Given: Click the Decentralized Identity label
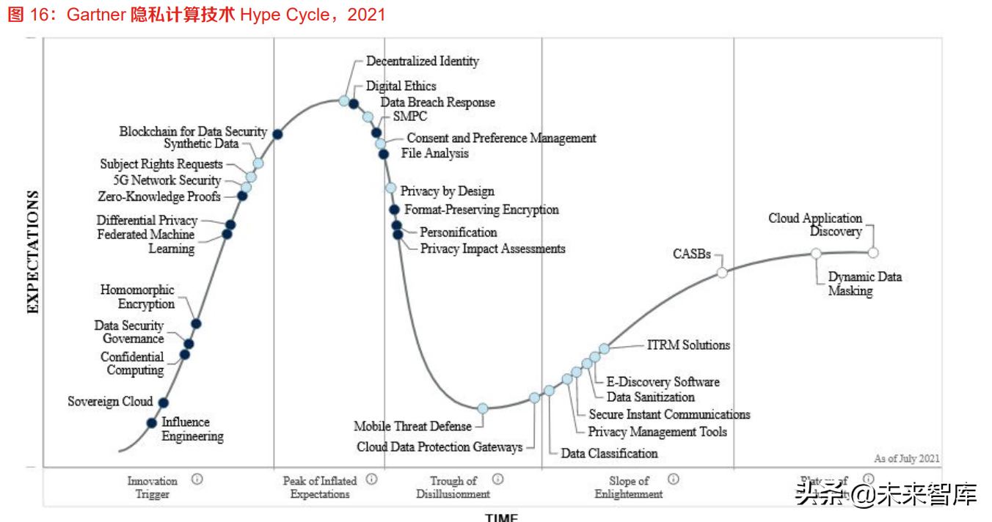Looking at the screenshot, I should click(423, 61).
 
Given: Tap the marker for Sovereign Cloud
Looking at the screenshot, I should click(164, 402).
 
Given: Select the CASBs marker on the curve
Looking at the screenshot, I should click(722, 273).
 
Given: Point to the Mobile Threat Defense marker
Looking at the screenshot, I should click(483, 408).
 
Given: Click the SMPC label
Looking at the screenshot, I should click(410, 116).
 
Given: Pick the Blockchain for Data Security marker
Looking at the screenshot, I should click(277, 133).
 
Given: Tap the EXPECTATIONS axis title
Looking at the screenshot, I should click(33, 252).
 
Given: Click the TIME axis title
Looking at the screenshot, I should click(501, 517).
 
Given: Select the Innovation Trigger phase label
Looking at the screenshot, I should click(153, 488).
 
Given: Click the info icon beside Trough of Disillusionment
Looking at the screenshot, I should click(498, 479).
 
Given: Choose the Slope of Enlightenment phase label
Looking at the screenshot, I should click(629, 488).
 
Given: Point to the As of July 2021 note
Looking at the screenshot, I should click(906, 459).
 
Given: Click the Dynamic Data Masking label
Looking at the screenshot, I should click(864, 284).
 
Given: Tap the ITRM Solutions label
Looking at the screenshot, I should click(688, 345).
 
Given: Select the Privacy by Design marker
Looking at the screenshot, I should click(391, 188).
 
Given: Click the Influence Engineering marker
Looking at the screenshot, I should click(152, 422).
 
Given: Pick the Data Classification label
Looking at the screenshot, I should click(609, 453).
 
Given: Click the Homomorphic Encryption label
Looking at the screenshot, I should click(138, 297).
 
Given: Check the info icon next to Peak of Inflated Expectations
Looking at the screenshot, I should click(372, 479).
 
